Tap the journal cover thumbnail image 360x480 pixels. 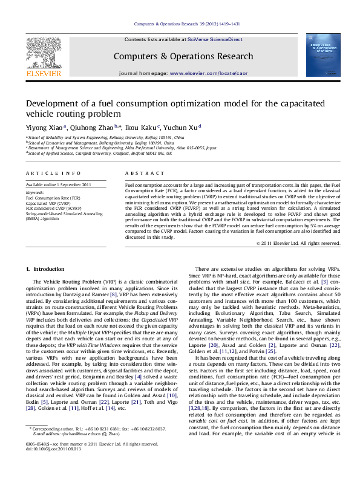tap(316, 54)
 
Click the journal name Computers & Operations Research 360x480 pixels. tap(180, 56)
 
